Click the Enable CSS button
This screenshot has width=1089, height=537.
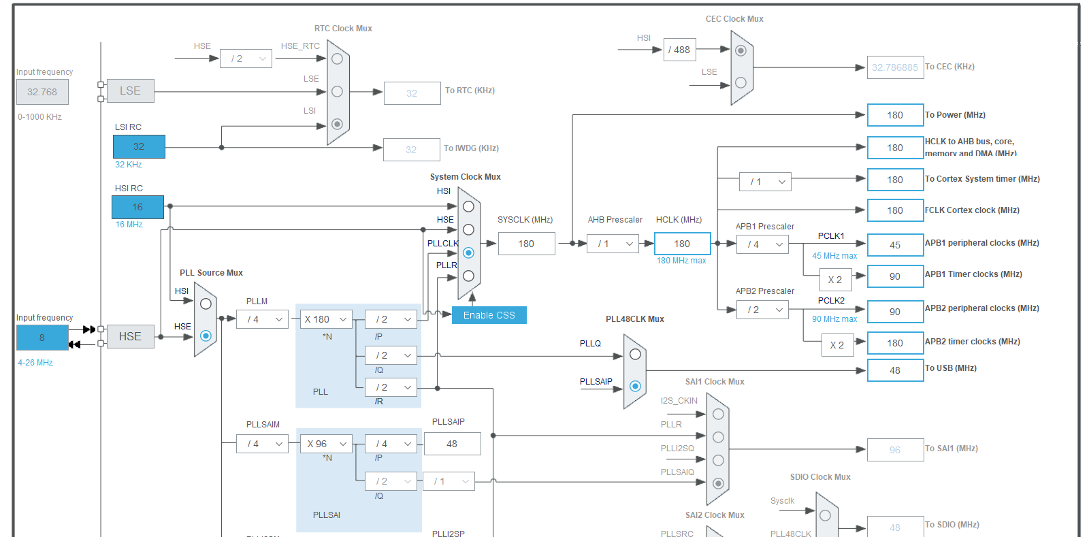[489, 315]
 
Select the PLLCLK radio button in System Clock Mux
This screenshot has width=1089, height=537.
[468, 253]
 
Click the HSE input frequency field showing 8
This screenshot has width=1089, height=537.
[42, 338]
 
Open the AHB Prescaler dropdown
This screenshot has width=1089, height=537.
[613, 244]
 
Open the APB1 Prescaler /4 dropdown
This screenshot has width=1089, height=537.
[763, 244]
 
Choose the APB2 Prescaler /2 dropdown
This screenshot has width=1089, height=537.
[763, 310]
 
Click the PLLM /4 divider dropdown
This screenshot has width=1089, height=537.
[262, 319]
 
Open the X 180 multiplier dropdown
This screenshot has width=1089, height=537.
[326, 319]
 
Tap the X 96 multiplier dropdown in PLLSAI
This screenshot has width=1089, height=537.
[326, 444]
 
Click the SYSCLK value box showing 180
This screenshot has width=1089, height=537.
[526, 244]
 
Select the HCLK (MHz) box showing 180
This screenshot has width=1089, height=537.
[682, 244]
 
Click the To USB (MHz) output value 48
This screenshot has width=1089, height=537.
[895, 370]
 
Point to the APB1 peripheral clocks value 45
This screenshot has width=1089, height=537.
[895, 245]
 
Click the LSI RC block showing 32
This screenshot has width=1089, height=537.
[139, 146]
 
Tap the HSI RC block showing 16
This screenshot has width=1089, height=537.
[137, 207]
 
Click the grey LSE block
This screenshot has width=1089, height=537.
[130, 91]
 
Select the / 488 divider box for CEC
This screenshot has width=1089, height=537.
[679, 50]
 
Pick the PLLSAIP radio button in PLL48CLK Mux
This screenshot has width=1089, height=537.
[635, 386]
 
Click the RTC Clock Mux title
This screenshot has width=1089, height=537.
[343, 29]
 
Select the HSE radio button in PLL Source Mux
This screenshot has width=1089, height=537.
[206, 336]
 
